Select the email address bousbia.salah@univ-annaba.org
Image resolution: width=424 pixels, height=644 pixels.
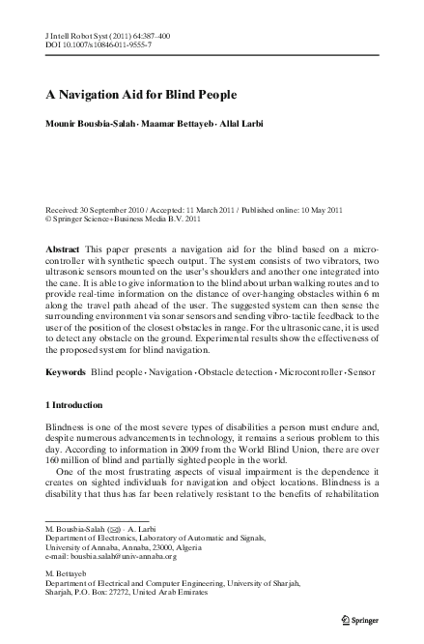coord(127,556)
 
